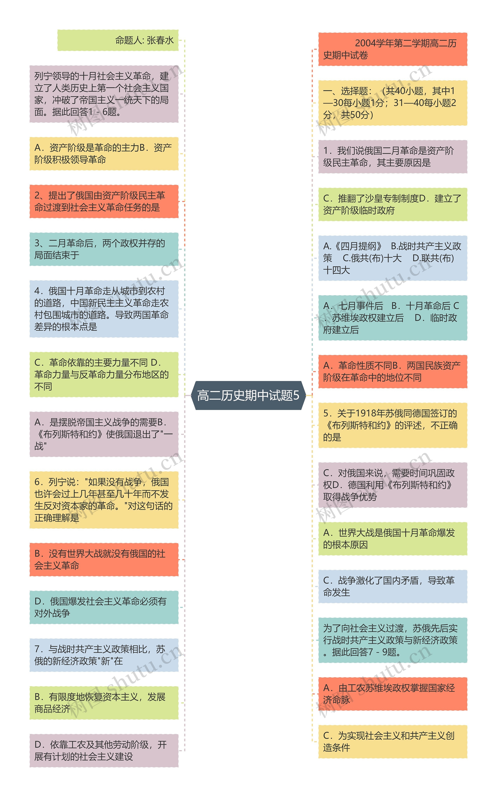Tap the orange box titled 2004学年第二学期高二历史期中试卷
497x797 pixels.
(x=393, y=49)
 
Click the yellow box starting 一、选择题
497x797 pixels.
(x=393, y=103)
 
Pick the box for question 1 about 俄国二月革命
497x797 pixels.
(x=393, y=157)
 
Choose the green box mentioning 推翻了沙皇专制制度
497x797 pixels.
(x=393, y=204)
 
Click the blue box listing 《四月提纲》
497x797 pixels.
(x=393, y=258)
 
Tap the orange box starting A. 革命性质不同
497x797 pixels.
(x=393, y=371)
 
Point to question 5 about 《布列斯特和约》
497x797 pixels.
(x=393, y=425)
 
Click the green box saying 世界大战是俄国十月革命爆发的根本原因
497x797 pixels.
(x=393, y=539)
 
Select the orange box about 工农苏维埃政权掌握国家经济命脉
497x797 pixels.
(x=393, y=694)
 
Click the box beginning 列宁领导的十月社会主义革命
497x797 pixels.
(x=104, y=94)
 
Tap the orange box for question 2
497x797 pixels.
(x=104, y=201)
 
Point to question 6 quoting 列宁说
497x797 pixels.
(x=104, y=500)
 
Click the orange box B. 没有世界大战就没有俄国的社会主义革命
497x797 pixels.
(x=104, y=560)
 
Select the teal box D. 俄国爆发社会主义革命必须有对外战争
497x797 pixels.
(x=104, y=607)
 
